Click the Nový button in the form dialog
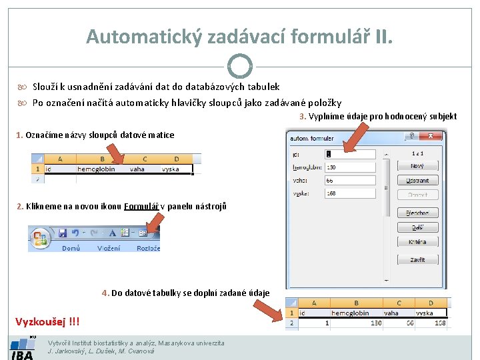[417, 166]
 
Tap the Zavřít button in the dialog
[417, 259]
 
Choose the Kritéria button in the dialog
[417, 241]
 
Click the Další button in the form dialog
[417, 227]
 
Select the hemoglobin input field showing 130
[350, 167]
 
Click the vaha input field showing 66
[350, 180]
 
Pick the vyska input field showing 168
[350, 193]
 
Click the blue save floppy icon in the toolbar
[63, 233]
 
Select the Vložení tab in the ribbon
[109, 248]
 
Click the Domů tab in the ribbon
[71, 248]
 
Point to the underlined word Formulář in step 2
[141, 207]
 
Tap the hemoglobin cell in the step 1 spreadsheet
[96, 169]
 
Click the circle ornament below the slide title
[239, 66]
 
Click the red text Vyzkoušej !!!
[47, 322]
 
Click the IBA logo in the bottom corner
[22, 348]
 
